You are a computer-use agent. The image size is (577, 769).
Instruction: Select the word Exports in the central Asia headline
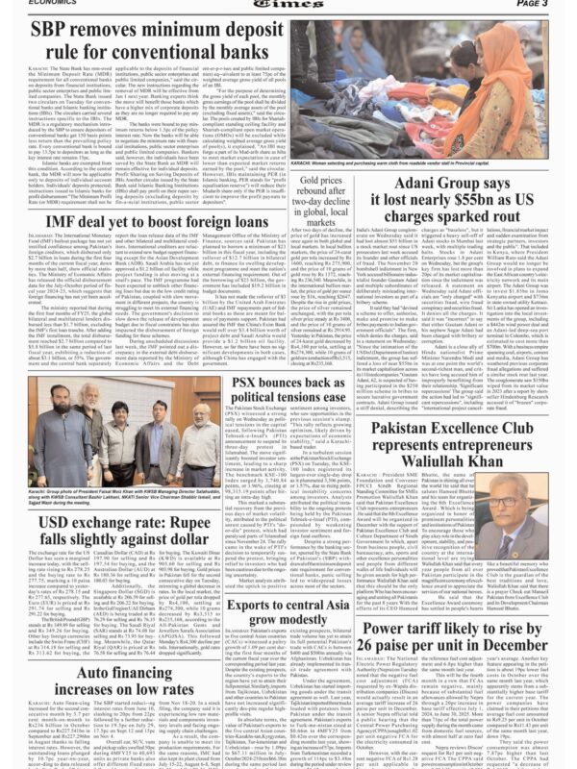pyautogui.click(x=255, y=578)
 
